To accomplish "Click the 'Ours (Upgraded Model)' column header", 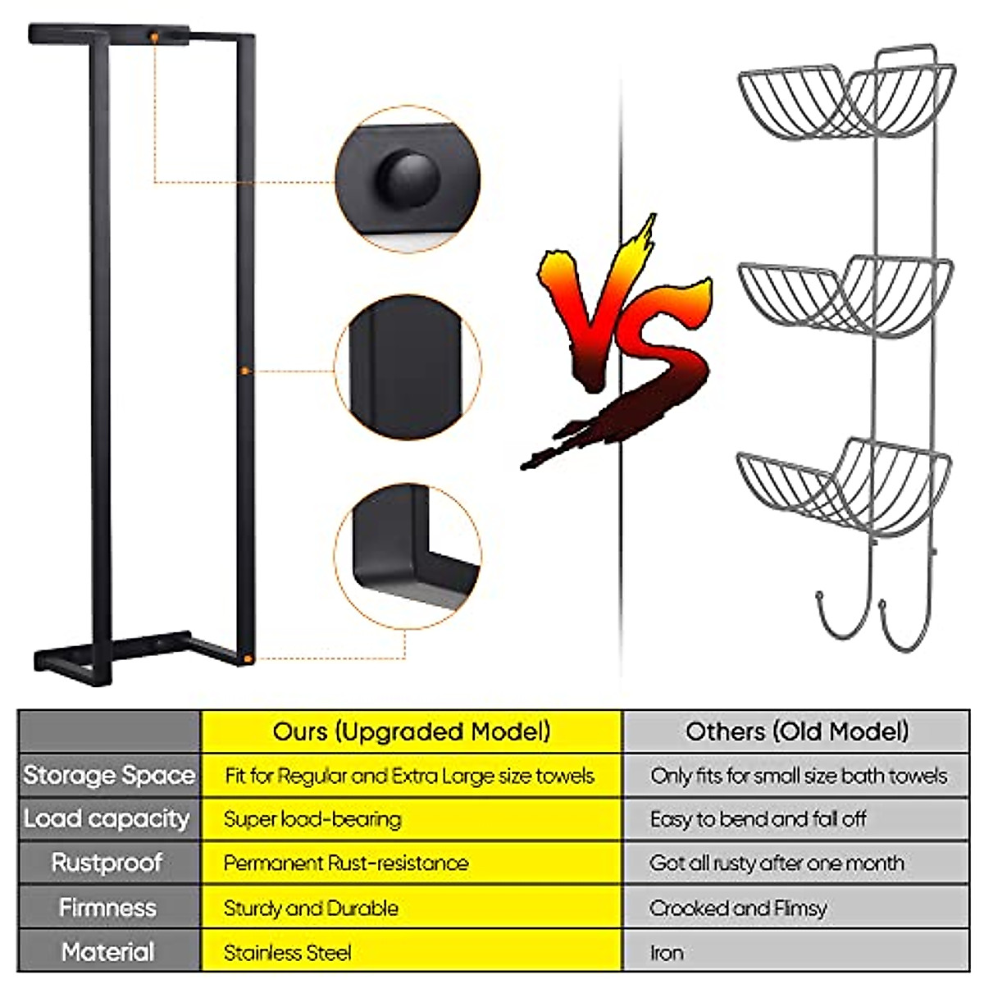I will click(411, 731).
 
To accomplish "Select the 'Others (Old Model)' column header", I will click(796, 731).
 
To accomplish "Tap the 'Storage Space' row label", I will click(109, 775).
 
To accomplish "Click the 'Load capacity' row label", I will click(107, 818).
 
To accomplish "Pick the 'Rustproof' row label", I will click(107, 863).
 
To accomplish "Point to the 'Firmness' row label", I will click(107, 908).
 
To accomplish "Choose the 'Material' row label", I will click(107, 952).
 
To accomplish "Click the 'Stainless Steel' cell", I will click(287, 953).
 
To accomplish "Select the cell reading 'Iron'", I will click(666, 953).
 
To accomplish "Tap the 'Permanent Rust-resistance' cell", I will click(345, 863).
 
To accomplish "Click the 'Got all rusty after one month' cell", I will click(776, 863).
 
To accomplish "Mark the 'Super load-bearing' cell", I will click(312, 819).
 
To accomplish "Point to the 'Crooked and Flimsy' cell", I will click(737, 909).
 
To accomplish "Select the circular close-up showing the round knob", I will click(408, 178).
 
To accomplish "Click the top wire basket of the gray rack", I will click(845, 102).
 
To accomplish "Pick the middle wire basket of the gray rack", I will click(845, 295).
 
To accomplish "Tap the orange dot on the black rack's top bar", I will click(154, 37).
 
